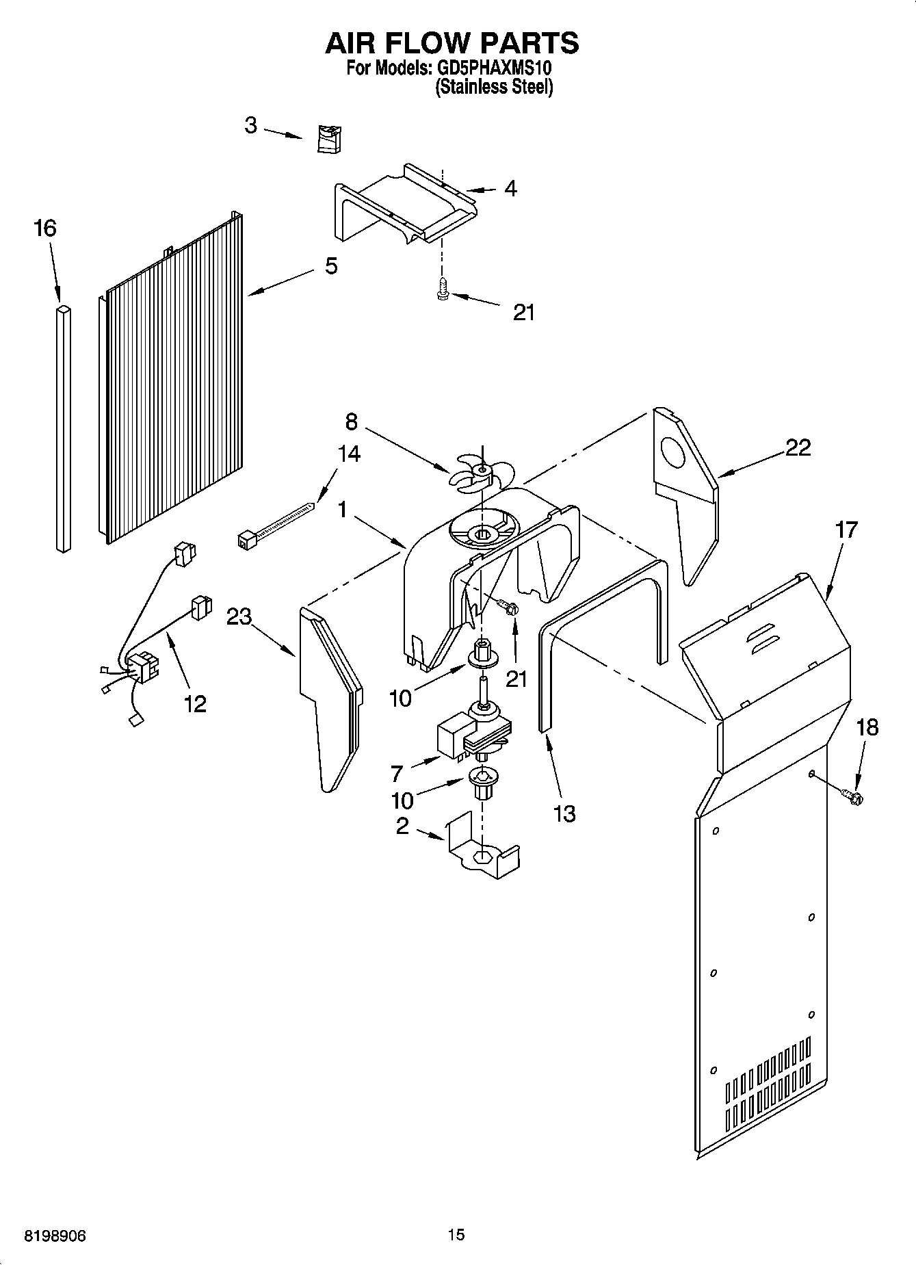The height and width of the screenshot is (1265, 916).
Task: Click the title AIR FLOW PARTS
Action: tap(452, 43)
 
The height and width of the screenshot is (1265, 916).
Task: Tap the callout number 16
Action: tap(45, 229)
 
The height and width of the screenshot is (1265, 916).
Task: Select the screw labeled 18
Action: tap(852, 795)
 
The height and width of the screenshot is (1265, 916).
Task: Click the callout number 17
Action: tap(846, 530)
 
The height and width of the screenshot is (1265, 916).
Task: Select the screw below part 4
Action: tap(442, 289)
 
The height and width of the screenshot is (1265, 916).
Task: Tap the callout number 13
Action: tap(564, 814)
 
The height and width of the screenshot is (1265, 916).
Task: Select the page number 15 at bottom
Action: tap(456, 1235)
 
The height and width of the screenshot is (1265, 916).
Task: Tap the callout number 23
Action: tap(239, 617)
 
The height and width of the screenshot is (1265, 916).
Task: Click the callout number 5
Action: tap(331, 266)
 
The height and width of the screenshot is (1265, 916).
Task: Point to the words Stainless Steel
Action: tap(494, 87)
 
